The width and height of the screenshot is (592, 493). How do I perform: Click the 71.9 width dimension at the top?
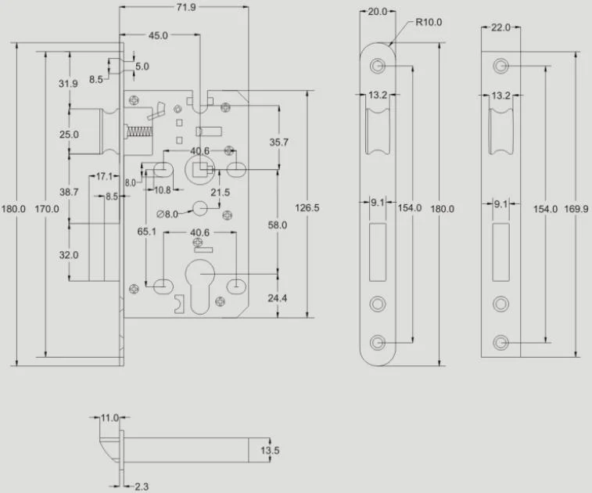[x=186, y=7]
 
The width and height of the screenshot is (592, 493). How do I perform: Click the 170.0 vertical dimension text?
[x=51, y=209]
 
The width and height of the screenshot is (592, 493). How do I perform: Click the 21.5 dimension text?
[x=221, y=192]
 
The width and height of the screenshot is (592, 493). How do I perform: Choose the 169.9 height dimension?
[x=576, y=209]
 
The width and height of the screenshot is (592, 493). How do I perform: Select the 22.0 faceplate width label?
[x=500, y=27]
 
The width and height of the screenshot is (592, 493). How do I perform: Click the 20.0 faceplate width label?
[x=378, y=12]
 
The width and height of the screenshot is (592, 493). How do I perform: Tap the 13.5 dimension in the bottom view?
[x=269, y=451]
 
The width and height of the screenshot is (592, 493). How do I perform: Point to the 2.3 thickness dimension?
[x=142, y=485]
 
